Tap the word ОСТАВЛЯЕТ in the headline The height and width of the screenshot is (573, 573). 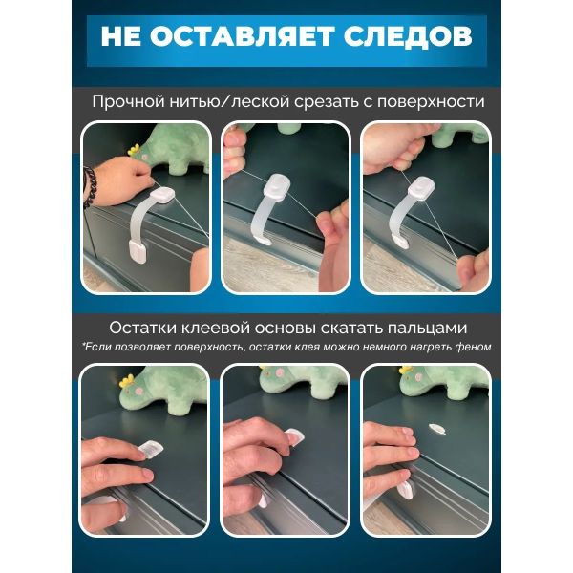point(242,36)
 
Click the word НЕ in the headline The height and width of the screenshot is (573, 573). point(120,36)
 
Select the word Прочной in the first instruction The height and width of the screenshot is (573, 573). point(128,102)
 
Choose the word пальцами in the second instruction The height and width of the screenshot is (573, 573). point(427,329)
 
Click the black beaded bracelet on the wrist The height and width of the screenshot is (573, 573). point(90,188)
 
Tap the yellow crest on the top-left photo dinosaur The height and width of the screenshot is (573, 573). point(134,150)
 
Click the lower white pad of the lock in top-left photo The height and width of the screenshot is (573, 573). point(138,251)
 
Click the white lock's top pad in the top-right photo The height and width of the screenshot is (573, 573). point(421,187)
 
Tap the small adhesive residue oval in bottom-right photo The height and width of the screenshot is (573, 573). point(436,428)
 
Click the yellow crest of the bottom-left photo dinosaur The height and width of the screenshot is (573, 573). point(126,380)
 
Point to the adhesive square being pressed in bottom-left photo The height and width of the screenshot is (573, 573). point(151,449)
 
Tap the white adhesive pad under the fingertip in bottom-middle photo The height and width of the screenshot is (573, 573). point(295,437)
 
